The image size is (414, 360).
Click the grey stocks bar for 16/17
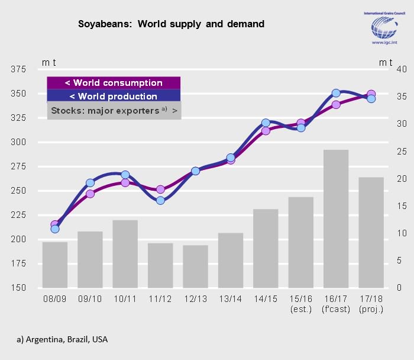pos(335,218)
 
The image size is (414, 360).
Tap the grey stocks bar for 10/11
pos(125,253)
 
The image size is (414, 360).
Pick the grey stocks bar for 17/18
pos(371,232)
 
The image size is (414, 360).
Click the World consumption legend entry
pos(114,83)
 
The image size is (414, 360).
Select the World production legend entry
pos(114,97)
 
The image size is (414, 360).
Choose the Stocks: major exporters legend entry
pos(114,111)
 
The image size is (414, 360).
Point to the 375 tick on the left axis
pos(18,69)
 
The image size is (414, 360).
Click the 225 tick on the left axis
pos(18,215)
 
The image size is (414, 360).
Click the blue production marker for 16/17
pos(335,93)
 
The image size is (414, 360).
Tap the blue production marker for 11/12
pos(160,201)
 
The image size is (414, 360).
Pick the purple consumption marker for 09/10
pos(90,194)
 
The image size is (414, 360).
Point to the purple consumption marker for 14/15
pos(266,131)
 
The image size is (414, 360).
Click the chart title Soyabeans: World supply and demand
pos(171,24)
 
